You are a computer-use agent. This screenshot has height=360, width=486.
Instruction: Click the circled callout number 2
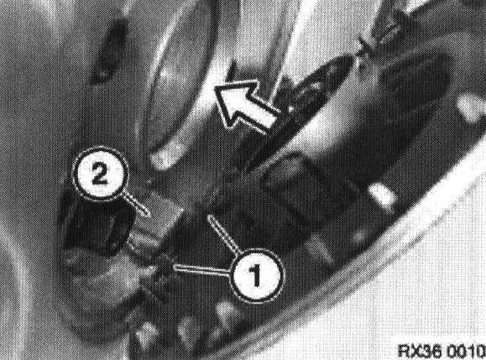click(100, 175)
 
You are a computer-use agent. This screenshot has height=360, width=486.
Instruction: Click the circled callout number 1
click(256, 276)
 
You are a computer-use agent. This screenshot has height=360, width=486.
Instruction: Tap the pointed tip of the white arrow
click(216, 88)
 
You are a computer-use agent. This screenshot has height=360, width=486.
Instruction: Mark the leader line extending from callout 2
click(136, 204)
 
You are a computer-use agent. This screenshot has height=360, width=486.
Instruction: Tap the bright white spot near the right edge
click(471, 108)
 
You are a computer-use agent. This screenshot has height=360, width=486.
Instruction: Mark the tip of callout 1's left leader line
click(175, 267)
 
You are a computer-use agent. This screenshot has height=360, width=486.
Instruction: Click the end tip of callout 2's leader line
click(148, 215)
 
